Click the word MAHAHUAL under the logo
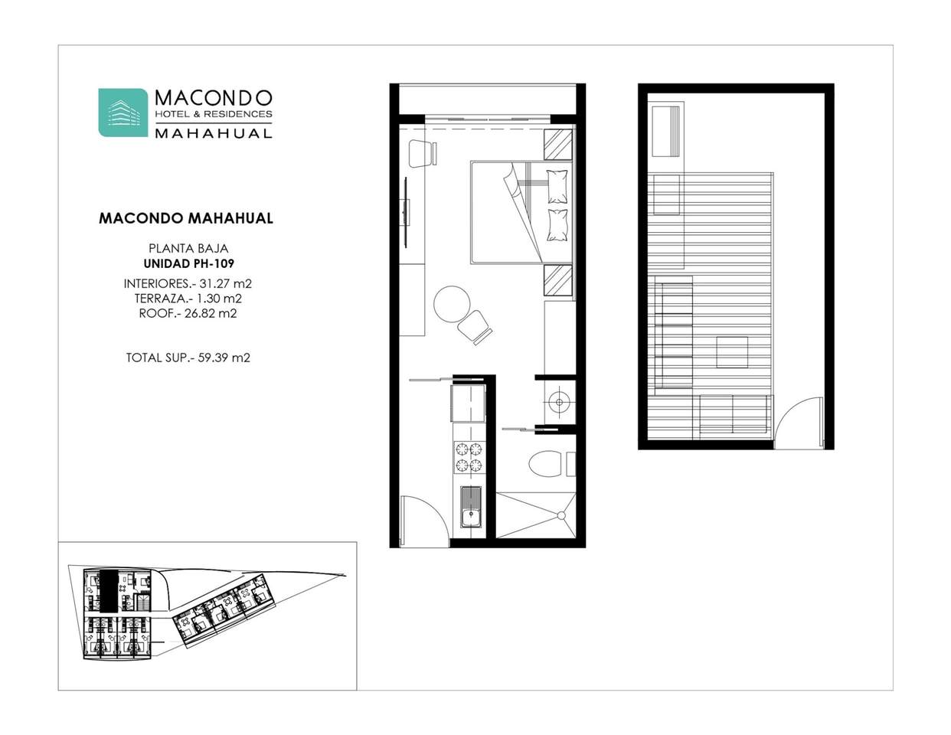214,133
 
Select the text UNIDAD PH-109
188,264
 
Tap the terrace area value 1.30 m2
219,299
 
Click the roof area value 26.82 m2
211,313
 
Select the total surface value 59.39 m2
224,358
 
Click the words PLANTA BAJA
188,249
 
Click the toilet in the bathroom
546,463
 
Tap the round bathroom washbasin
559,402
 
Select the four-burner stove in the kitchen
469,456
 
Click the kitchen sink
470,507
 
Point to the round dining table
452,305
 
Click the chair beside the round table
475,327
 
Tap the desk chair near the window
423,153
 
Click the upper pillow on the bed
557,186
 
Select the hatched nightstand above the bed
558,145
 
